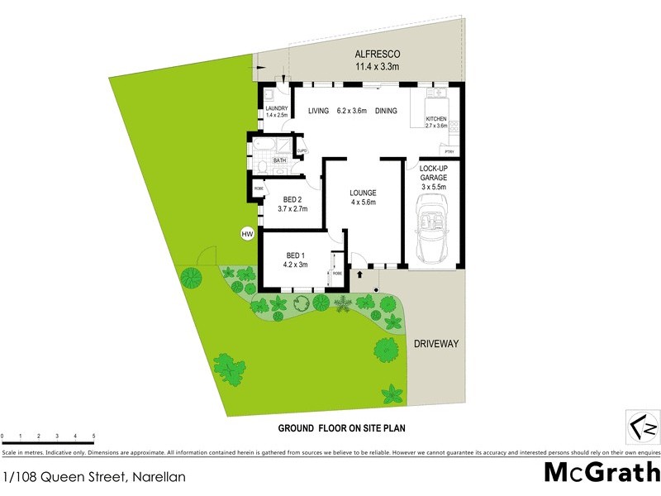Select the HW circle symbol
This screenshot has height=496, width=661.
coord(246,234)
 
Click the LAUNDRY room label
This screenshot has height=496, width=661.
coord(276,108)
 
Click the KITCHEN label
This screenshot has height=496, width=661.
coord(435,119)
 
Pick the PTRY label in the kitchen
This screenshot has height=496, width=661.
coord(449,151)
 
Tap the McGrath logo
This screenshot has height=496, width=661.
coord(602,474)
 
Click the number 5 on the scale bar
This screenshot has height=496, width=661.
coord(93,436)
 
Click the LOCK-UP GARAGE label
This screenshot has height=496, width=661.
coord(433,177)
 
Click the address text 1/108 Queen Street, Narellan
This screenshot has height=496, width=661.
coord(93,476)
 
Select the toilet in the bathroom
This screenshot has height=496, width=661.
coord(261,168)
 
